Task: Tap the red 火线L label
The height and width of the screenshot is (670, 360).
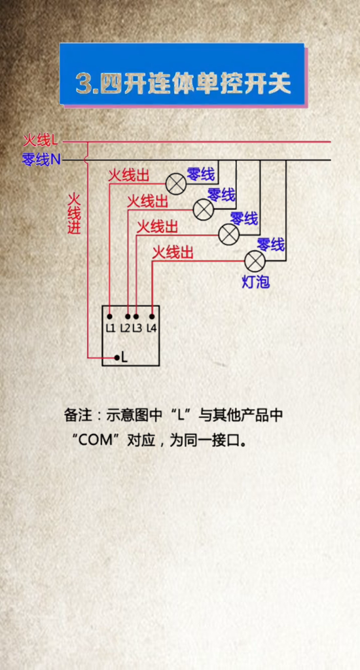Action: pos(41,139)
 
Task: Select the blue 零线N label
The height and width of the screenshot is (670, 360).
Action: pos(41,160)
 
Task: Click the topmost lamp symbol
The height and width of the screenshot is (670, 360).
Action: pos(176,184)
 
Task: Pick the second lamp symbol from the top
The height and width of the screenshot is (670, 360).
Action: pos(204,209)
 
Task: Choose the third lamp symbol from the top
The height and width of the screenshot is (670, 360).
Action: pos(228,234)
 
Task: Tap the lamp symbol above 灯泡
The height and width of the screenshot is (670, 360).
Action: pos(255,261)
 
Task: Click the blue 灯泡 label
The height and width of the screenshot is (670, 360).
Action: pos(256,283)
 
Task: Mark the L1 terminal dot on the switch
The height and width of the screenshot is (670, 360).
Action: pos(110,317)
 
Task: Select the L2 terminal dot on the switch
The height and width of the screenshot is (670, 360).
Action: pos(128,317)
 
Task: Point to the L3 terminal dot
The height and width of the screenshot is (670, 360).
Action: pos(136,317)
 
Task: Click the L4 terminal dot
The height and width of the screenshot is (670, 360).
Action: pos(152,317)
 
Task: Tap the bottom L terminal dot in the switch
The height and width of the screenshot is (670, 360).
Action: pos(117,357)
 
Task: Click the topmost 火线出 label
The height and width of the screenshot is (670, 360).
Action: pos(128,175)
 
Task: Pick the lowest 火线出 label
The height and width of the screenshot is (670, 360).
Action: pos(173,253)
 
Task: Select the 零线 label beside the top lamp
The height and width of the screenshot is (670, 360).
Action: pos(200,174)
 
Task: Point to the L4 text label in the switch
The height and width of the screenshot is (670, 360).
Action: pos(152,328)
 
